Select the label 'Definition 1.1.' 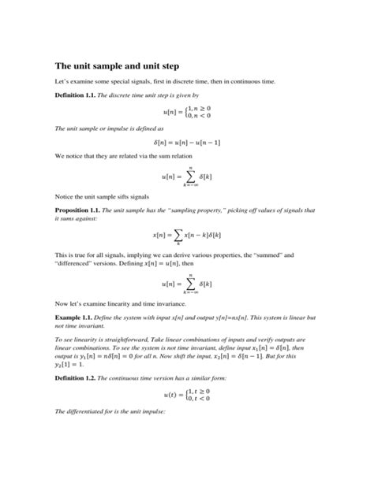coord(77,95)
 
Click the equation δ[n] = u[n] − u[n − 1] coord(187,142)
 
